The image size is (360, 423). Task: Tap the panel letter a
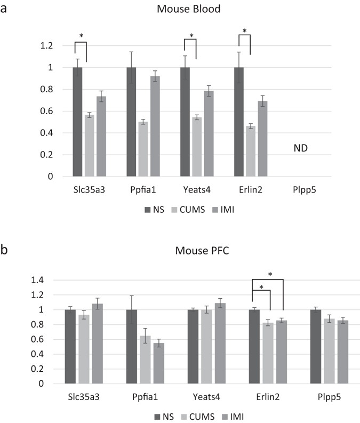click(x=5, y=7)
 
